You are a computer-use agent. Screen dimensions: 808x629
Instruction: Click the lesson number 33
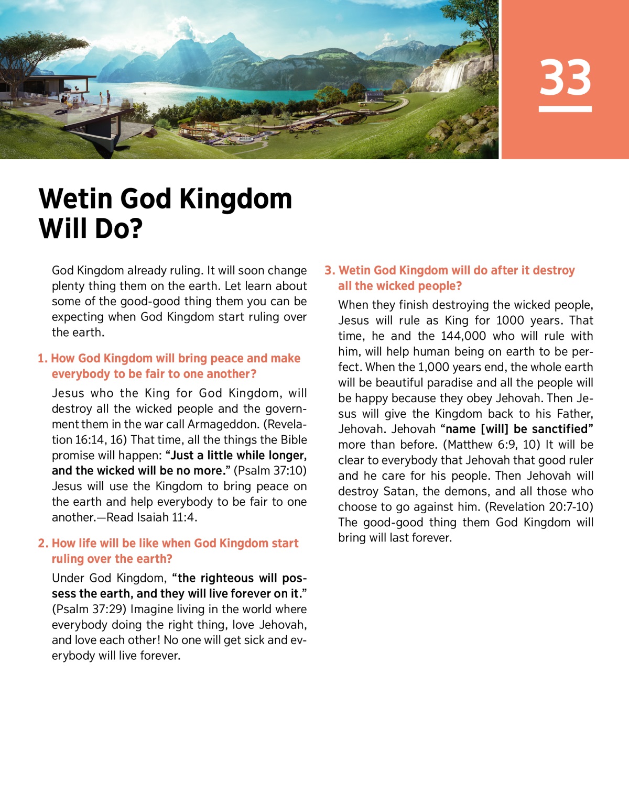point(565,78)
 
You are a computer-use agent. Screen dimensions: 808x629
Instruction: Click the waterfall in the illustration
point(453,76)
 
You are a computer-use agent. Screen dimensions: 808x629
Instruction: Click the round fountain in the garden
point(245,139)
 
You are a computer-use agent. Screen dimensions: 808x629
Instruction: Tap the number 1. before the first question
point(42,359)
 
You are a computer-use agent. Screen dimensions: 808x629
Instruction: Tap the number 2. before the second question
point(43,544)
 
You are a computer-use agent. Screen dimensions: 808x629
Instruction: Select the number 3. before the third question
point(330,271)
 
